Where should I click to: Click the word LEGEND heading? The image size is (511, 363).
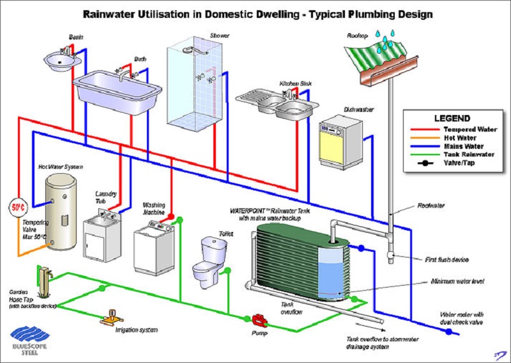coord(452,118)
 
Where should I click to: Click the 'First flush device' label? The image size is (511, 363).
coord(447,259)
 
